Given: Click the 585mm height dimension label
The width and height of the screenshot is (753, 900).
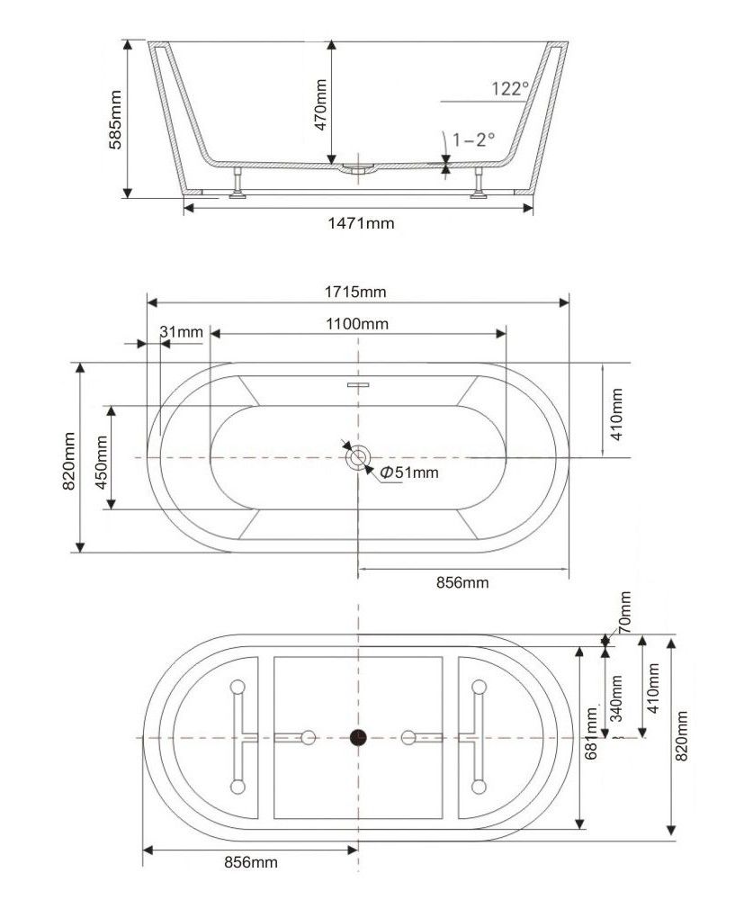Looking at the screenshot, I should point(115,119).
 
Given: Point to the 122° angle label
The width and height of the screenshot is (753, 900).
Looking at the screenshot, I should point(510,88).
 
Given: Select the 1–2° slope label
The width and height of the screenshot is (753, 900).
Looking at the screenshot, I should point(474,139).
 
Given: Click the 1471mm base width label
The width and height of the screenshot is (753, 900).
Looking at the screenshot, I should point(361,222).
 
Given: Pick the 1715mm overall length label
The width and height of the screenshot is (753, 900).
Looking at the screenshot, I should point(356,291).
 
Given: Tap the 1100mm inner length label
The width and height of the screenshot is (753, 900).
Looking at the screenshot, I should point(358,323).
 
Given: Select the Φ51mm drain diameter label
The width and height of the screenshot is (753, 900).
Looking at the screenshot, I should point(410,472).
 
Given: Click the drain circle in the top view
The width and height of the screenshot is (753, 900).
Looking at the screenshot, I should point(358,457).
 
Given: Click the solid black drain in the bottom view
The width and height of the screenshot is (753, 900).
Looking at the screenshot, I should point(359,738).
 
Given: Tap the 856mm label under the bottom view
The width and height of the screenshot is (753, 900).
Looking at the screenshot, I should point(249,862).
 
